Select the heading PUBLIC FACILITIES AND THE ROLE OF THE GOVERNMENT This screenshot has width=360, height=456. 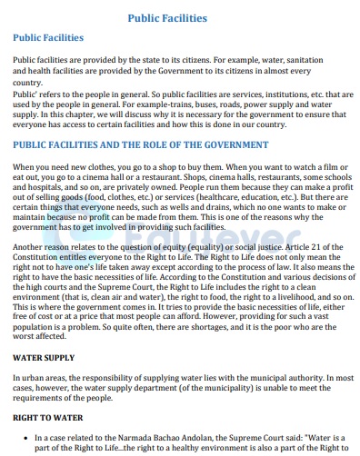[139, 144]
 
